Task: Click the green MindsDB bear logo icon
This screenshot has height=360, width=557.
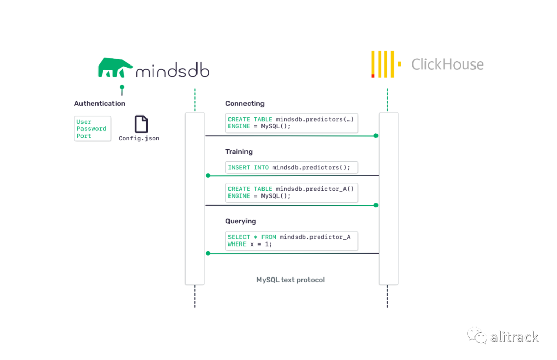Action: tap(114, 68)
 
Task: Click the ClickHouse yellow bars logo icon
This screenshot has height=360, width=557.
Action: tap(386, 64)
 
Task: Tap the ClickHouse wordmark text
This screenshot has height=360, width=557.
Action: tap(447, 64)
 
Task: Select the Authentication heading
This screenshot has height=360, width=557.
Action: tap(100, 104)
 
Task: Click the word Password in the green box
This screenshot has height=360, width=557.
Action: tap(91, 128)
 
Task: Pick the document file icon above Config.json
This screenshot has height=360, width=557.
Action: tap(141, 124)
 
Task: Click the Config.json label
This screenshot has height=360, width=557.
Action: tap(139, 138)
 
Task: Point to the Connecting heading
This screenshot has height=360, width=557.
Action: tap(245, 104)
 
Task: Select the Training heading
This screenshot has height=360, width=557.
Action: tap(239, 152)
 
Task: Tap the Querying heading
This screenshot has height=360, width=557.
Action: tap(240, 221)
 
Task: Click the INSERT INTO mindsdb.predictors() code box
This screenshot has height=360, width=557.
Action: tap(291, 168)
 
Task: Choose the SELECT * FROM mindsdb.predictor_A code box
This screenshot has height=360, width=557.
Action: tap(291, 240)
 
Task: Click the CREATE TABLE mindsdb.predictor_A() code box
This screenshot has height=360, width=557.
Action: tap(291, 192)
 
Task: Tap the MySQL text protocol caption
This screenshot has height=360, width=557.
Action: tap(290, 280)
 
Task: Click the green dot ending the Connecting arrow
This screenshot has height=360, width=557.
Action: tap(376, 136)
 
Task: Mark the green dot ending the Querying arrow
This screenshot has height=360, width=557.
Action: tap(208, 253)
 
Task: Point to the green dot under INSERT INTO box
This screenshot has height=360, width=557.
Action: tap(208, 175)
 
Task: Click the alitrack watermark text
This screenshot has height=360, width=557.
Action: tap(514, 337)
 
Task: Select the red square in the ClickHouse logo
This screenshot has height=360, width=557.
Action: tap(373, 76)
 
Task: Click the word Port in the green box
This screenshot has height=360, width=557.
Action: tap(84, 136)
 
